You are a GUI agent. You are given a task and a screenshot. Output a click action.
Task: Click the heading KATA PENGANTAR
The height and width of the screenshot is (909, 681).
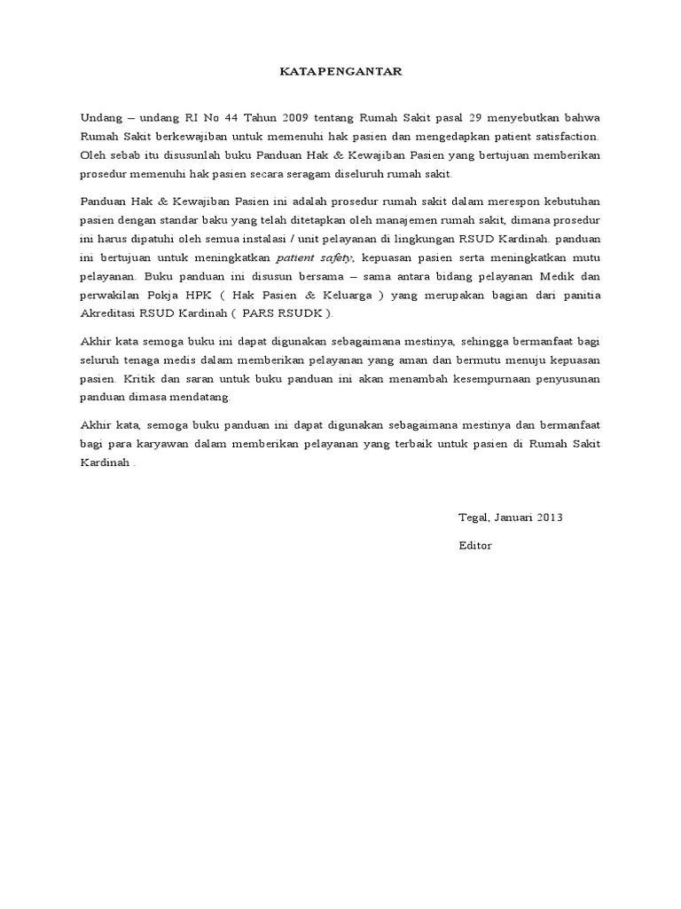[340, 71]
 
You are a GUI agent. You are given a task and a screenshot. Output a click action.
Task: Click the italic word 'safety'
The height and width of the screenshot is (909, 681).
[337, 257]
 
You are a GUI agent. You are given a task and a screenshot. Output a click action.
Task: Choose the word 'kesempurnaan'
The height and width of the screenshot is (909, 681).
[477, 377]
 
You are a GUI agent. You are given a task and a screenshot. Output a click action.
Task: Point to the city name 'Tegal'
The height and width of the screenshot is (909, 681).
[473, 518]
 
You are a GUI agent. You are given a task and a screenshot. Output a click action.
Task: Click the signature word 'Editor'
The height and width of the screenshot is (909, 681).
[474, 545]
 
